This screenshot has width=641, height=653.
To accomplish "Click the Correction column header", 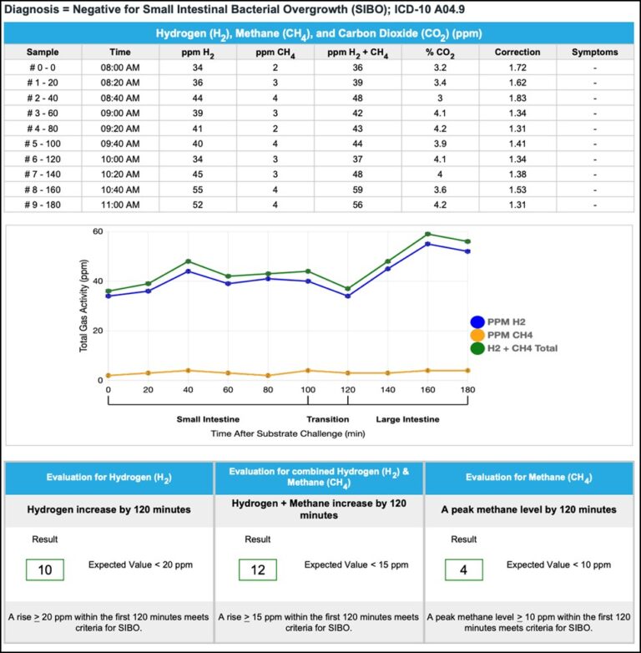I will [x=517, y=52].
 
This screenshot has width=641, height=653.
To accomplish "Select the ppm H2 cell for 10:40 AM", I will [x=198, y=190].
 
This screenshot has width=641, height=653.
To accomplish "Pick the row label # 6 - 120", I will [x=43, y=159].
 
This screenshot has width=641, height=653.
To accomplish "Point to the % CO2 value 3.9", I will [x=441, y=144].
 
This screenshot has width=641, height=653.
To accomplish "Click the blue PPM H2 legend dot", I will [x=477, y=321].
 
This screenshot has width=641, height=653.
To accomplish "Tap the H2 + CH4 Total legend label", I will [x=523, y=348].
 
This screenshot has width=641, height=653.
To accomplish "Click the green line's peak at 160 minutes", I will [x=427, y=234].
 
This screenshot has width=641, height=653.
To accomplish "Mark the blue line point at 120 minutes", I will [x=347, y=296].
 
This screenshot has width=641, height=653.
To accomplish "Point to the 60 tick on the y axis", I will [x=98, y=231].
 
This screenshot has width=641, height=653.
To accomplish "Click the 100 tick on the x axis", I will [x=308, y=390].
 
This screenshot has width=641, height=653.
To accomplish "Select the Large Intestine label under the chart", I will [x=407, y=419].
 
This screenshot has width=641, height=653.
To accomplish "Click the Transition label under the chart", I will [x=328, y=419].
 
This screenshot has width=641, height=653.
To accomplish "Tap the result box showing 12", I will [x=258, y=569].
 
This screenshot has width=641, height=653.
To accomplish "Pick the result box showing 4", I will [x=463, y=569].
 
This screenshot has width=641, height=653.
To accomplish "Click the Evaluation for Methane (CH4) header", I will [x=529, y=478].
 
